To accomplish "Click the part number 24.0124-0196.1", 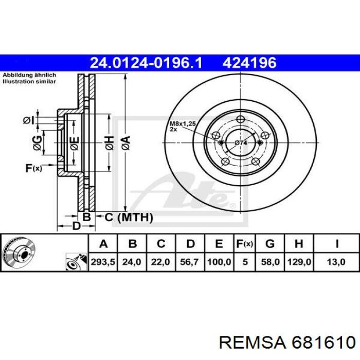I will coord(147,63).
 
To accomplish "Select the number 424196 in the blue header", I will coord(249,63).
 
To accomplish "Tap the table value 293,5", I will coord(103,262).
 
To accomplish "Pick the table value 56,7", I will coord(191,262).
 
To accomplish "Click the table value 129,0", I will coord(299,262).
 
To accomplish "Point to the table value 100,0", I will coord(219,262).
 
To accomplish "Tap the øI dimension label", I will coord(28,120).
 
